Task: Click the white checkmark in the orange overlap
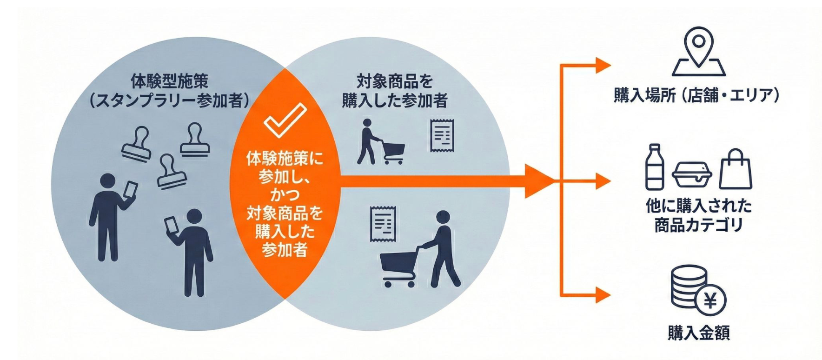pyautogui.click(x=285, y=120)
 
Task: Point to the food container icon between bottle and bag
pyautogui.click(x=692, y=175)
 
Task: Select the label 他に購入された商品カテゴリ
pyautogui.click(x=698, y=215)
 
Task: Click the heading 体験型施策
pyautogui.click(x=169, y=81)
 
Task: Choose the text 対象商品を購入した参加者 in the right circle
pyautogui.click(x=394, y=91)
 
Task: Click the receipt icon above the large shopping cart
pyautogui.click(x=383, y=224)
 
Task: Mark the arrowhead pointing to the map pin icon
pyautogui.click(x=603, y=66)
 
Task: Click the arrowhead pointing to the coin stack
pyautogui.click(x=603, y=295)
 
